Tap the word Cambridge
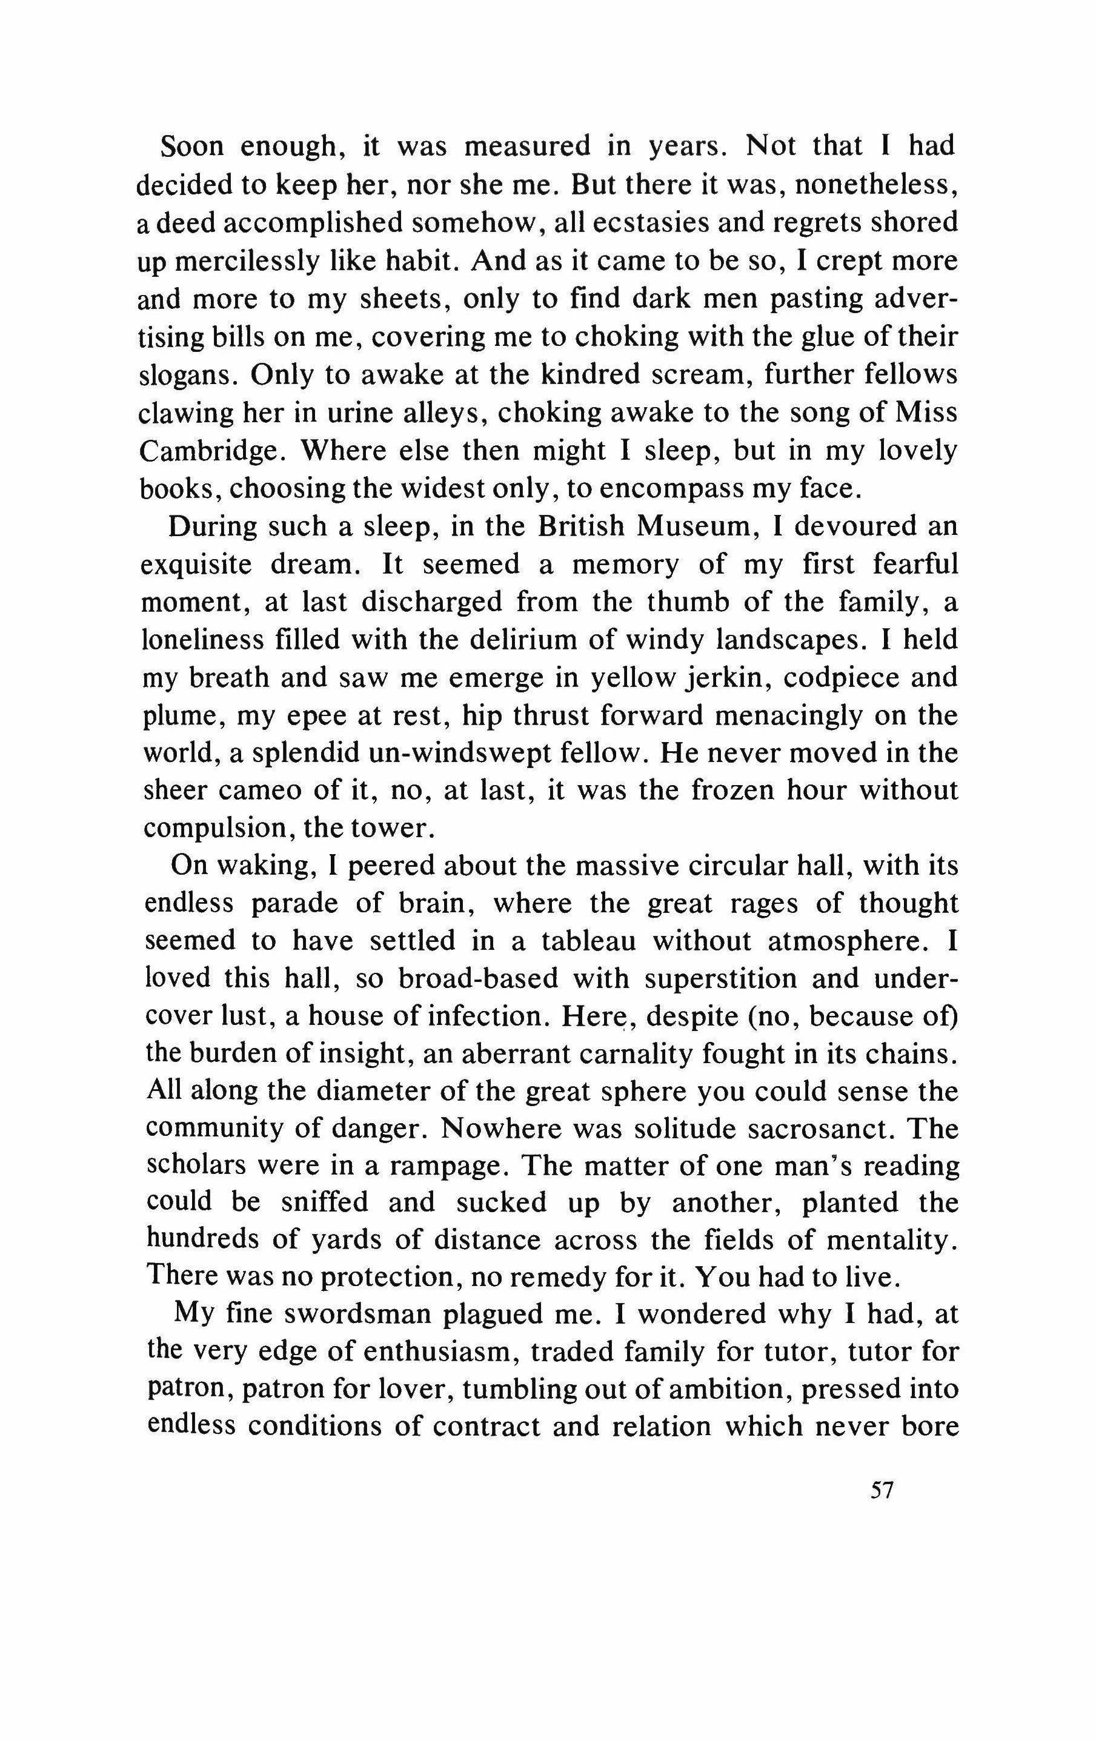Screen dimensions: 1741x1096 207,451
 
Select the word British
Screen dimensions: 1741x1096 581,526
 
